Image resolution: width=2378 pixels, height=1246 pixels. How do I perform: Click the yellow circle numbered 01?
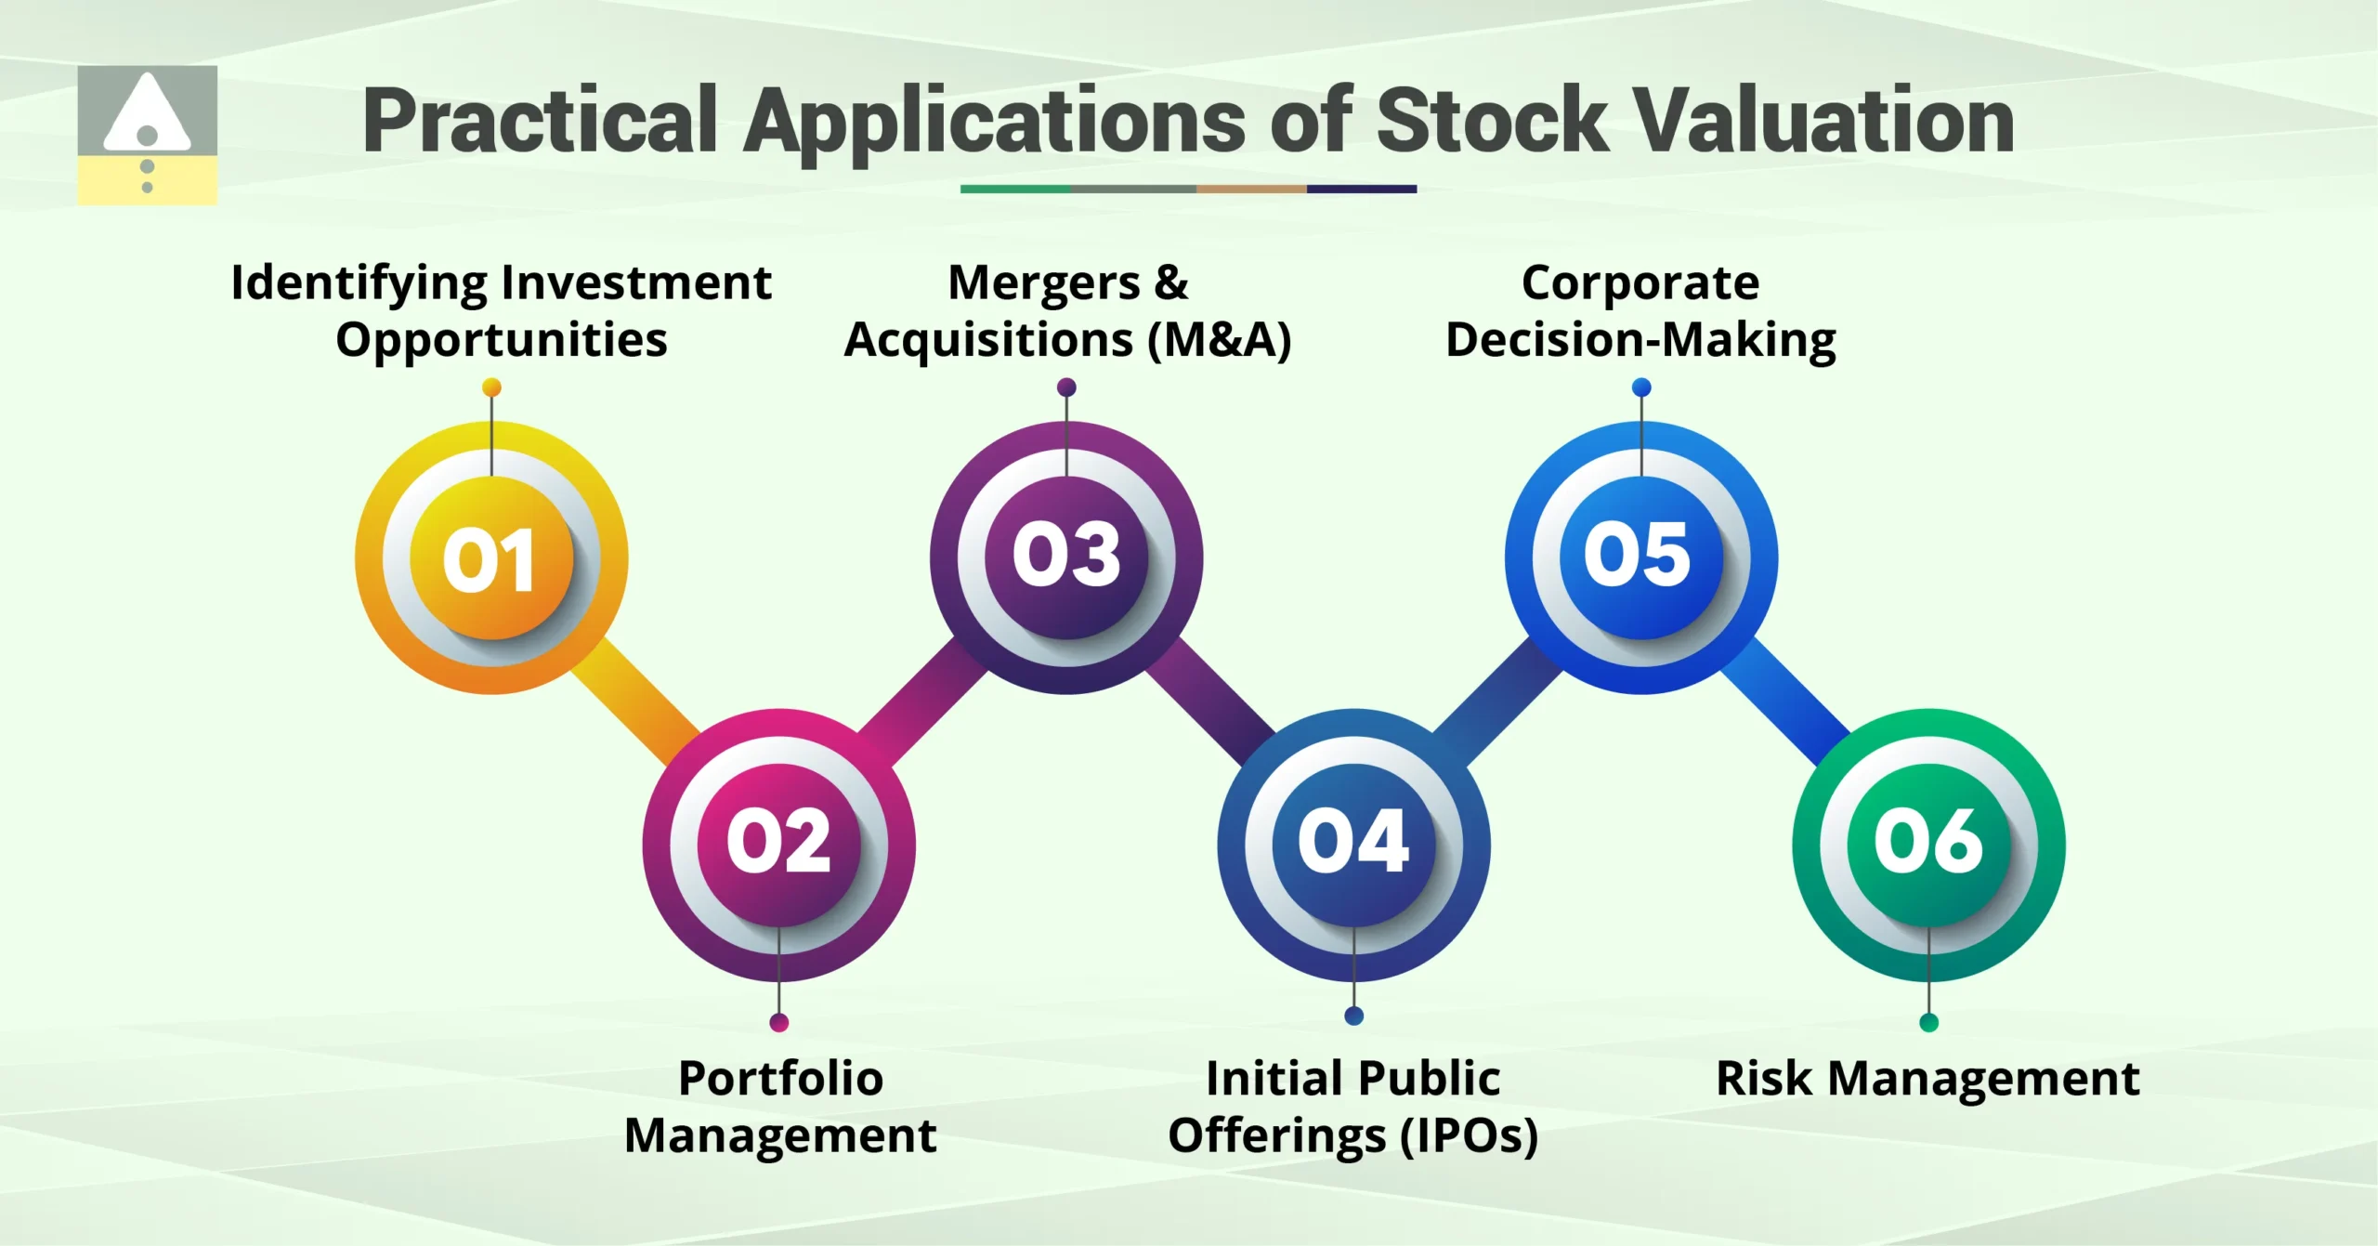pos(491,558)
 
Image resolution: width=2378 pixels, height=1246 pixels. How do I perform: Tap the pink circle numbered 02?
pos(778,845)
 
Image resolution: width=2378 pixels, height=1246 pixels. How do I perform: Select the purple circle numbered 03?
pos(1066,557)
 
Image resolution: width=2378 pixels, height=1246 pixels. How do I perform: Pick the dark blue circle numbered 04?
pos(1353,845)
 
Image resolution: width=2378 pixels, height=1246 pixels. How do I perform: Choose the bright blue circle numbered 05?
pos(1640,557)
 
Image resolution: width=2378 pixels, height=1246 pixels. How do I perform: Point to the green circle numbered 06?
pos(1928,845)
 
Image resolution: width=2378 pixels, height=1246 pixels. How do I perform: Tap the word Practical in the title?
pos(540,121)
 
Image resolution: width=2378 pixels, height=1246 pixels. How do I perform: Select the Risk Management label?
pos(1927,1079)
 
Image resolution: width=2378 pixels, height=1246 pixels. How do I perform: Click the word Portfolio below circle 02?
pos(780,1079)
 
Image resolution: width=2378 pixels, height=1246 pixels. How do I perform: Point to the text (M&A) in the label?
pos(1219,339)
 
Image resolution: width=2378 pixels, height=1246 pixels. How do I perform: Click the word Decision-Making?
pos(1640,339)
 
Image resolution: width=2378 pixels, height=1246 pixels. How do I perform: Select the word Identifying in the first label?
pos(359,283)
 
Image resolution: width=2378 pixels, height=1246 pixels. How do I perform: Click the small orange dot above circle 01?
pos(491,387)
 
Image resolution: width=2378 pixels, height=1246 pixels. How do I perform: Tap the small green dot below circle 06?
pos(1928,1023)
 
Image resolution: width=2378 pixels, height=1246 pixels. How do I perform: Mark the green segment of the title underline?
pos(1014,189)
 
